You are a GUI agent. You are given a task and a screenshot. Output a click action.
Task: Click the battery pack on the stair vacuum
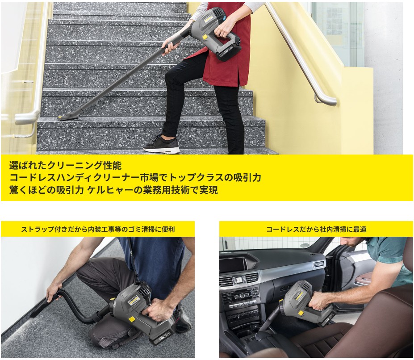pos(228,53)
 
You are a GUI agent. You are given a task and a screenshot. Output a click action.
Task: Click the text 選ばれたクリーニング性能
pos(66,166)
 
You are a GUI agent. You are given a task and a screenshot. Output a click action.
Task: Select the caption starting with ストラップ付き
pos(98,229)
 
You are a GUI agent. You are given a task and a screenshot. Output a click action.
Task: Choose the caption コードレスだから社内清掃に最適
pos(316,229)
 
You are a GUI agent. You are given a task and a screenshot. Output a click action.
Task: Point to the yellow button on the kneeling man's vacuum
pos(130,319)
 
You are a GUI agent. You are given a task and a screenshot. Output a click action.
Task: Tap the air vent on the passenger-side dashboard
pos(318,264)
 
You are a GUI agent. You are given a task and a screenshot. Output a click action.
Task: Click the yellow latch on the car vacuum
pos(301,313)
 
